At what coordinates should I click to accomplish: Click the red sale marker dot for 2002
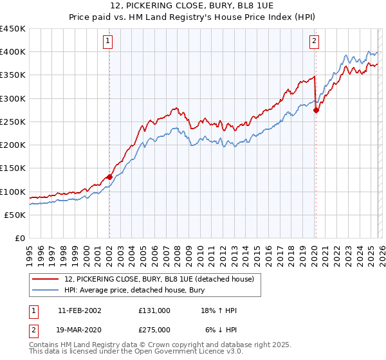[109, 177]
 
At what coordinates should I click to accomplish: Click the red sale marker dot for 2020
[316, 110]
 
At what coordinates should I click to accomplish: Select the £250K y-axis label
[13, 122]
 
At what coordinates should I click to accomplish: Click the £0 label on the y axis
[20, 239]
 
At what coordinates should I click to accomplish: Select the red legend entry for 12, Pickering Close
[160, 279]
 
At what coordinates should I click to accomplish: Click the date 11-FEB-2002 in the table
[79, 310]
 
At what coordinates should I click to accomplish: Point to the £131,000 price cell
[154, 310]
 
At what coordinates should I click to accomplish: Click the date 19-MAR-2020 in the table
[79, 329]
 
